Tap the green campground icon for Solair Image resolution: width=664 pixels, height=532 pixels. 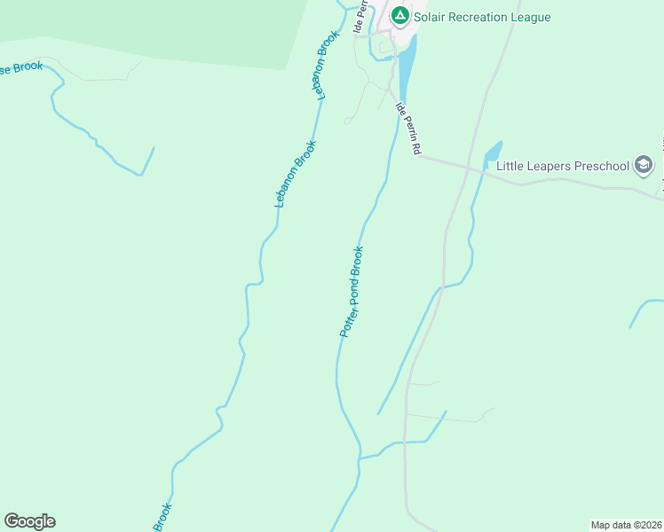400,16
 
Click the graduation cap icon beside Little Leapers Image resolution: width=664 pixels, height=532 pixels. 644,165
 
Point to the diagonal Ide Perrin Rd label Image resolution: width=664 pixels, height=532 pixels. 407,129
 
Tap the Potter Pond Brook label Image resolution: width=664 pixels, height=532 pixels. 352,291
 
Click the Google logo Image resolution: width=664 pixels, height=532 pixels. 29,520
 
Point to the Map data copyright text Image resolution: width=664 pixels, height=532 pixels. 627,525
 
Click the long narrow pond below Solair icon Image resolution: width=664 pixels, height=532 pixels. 406,71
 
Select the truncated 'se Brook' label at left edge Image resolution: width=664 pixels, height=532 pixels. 20,67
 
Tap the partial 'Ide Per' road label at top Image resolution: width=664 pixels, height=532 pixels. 360,16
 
